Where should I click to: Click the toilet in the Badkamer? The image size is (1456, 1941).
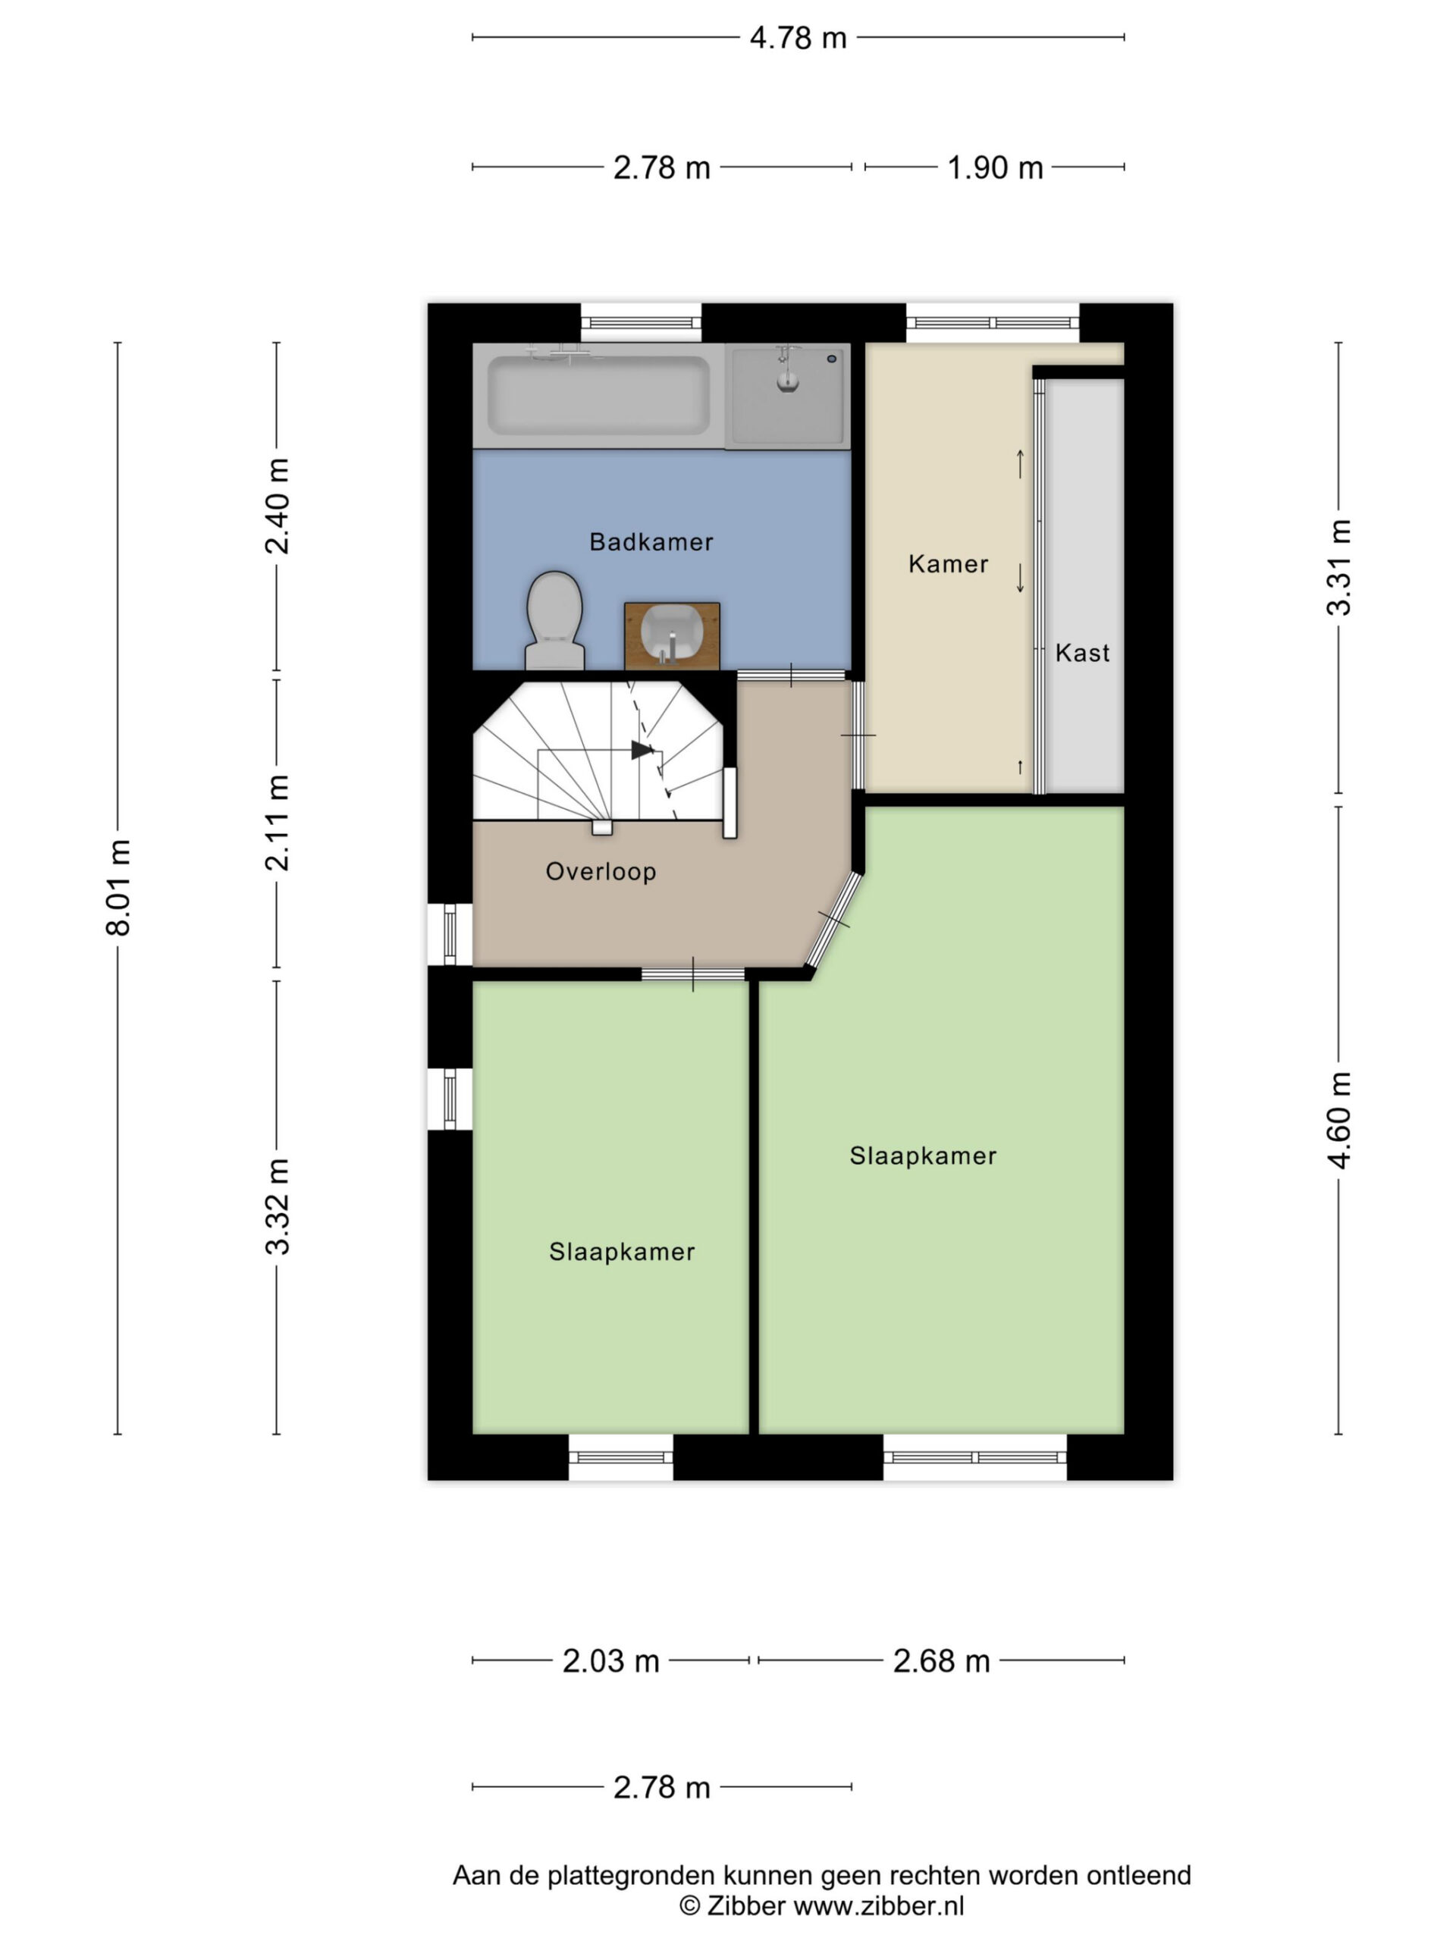point(554,620)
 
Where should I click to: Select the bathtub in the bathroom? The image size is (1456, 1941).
point(598,395)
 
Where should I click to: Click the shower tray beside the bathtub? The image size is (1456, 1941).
point(787,395)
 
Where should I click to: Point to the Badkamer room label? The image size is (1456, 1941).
point(651,542)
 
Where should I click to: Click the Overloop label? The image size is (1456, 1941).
point(601,871)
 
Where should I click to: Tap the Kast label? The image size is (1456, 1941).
point(1082,653)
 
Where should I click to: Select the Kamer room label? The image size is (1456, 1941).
point(949,563)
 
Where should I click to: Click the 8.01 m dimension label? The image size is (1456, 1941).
point(118,887)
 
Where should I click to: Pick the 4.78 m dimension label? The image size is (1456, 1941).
point(798,38)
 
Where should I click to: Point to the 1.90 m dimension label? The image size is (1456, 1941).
point(995,167)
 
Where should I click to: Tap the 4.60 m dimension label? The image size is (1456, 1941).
point(1339,1120)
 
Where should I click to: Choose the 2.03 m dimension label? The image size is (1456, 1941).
point(610,1661)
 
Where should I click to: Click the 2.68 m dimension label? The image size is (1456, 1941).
point(942,1661)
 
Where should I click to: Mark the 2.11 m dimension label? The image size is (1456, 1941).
point(278,823)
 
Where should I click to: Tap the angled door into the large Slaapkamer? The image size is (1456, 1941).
point(833,920)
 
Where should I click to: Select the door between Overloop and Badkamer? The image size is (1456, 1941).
point(792,675)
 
